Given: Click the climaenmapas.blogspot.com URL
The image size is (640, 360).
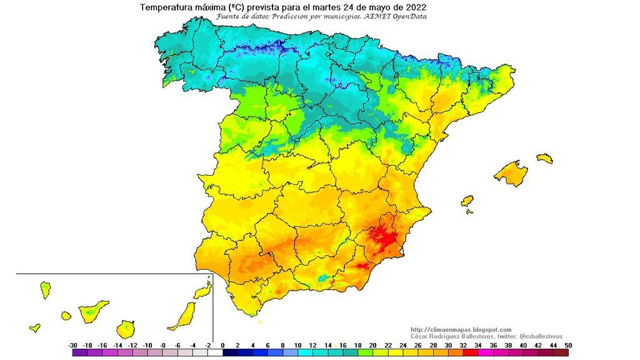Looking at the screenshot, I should click(461, 329).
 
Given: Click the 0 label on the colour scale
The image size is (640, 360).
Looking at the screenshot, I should click(222, 345).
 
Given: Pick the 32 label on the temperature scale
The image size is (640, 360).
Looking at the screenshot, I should click(463, 345).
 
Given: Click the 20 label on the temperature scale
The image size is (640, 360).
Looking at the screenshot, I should click(372, 345).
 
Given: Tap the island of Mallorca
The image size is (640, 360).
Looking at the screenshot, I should click(511, 172).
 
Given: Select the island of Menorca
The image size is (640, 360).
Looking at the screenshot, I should click(544, 158).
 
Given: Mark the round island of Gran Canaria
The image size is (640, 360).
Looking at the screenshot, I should click(126, 329).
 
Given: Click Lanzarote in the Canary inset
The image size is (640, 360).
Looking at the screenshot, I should click(202, 291).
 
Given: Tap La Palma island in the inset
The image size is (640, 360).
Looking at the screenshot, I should click(45, 289).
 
